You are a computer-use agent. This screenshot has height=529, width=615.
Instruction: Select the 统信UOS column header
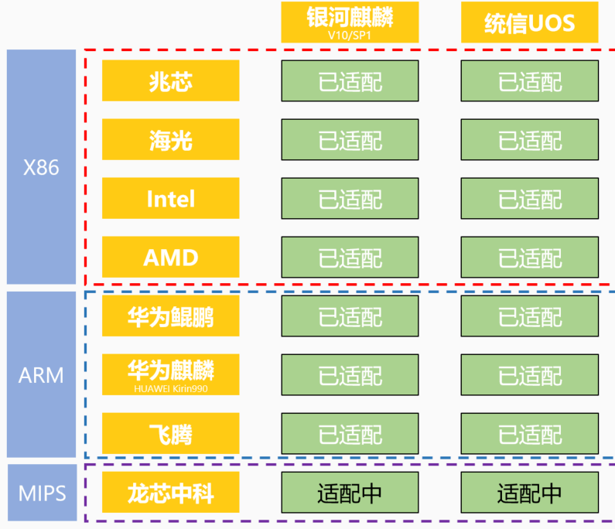click(x=529, y=23)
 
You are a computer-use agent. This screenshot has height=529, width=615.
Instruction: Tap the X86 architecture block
click(x=42, y=167)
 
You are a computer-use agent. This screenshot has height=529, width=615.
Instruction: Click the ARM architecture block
click(x=42, y=374)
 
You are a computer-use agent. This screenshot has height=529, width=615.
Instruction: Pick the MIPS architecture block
click(x=42, y=493)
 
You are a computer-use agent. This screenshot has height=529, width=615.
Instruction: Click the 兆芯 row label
click(x=171, y=81)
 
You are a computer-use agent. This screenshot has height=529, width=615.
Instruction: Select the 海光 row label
click(x=171, y=140)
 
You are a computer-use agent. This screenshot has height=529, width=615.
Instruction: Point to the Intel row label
click(x=171, y=199)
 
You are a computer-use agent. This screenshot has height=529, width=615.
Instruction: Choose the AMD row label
click(x=171, y=258)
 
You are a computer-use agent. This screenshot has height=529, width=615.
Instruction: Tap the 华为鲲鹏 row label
click(x=171, y=316)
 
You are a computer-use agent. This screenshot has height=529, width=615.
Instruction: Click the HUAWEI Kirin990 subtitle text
click(x=171, y=389)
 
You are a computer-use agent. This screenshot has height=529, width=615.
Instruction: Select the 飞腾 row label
click(x=171, y=434)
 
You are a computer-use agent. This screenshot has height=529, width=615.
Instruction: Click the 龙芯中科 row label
click(x=171, y=493)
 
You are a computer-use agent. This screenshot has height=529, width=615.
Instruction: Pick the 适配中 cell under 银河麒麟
click(x=350, y=493)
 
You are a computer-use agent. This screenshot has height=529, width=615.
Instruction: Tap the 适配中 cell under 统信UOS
click(x=529, y=493)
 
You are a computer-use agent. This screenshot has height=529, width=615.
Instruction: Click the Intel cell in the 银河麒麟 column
click(x=350, y=199)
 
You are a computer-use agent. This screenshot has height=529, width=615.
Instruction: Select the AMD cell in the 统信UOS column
click(x=529, y=258)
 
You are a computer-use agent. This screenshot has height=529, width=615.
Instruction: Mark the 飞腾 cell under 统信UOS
click(x=529, y=434)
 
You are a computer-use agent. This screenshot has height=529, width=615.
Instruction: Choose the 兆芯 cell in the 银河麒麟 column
click(x=350, y=81)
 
